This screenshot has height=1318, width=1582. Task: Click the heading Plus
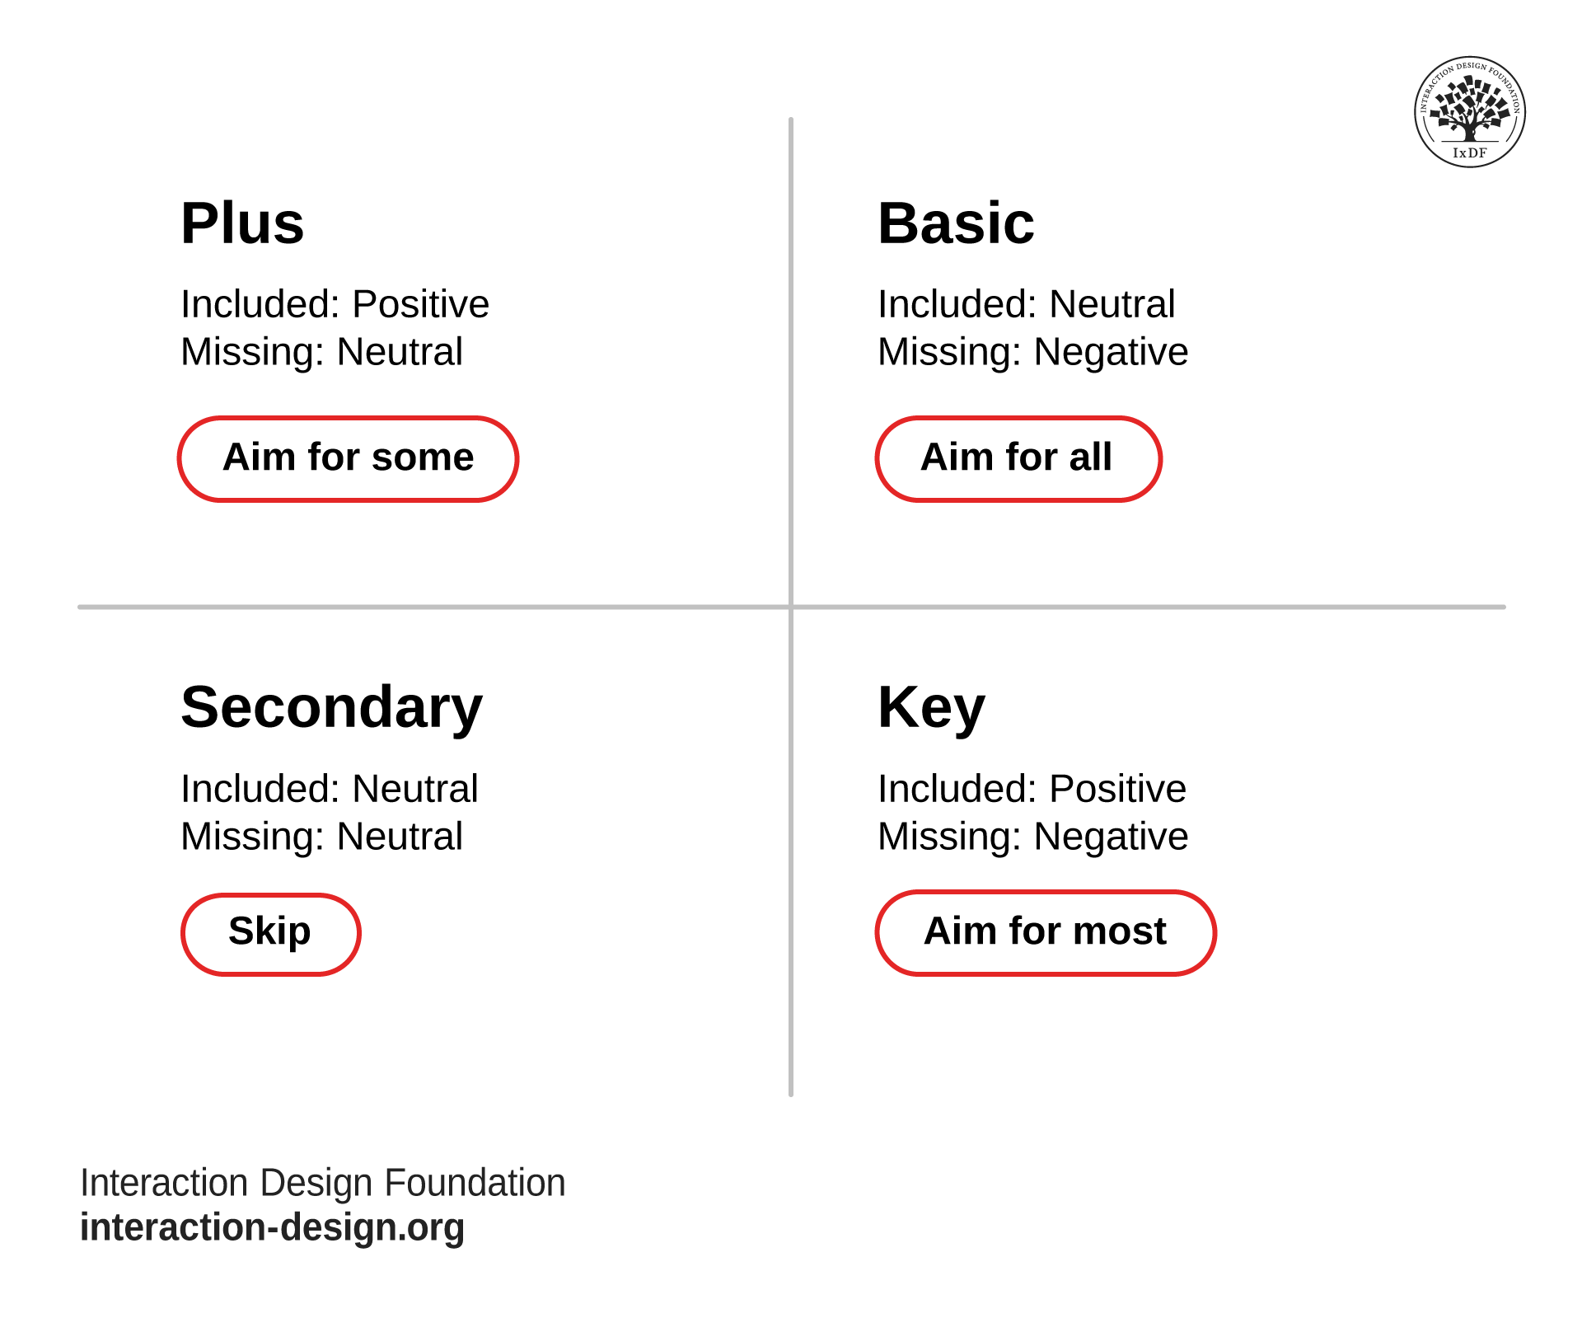pos(242,224)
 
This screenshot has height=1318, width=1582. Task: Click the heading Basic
pos(955,224)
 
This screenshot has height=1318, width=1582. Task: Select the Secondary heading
pos(331,708)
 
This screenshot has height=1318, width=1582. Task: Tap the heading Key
pos(931,708)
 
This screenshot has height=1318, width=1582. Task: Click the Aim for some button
pos(348,458)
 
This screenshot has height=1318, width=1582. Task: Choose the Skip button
pos(270,933)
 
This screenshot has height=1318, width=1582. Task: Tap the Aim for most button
pos(1045,932)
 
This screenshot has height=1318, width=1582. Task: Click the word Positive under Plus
pos(420,304)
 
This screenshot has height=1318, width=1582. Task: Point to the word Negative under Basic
pos(1111,352)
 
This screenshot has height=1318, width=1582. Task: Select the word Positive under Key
pos(1117,789)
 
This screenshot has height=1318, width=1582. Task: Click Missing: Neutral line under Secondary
pos(321,837)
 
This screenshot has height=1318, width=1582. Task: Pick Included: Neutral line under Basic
pos(1026,304)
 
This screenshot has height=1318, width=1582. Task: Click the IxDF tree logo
pos(1469,111)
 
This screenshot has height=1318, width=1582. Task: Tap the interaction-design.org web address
pos(272,1227)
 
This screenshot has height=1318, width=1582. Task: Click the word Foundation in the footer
pos(475,1183)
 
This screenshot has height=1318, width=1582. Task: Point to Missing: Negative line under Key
pos(1032,837)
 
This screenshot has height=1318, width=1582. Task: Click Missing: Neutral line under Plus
pos(321,352)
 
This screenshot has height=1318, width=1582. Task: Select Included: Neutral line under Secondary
pos(329,789)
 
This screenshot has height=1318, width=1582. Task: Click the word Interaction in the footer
pos(164,1183)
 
